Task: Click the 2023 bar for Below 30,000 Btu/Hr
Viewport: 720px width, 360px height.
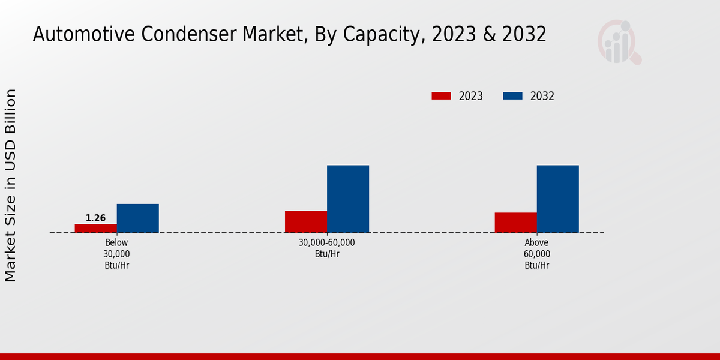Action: [x=95, y=228]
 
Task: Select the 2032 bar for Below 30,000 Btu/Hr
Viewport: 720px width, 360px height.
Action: [x=137, y=218]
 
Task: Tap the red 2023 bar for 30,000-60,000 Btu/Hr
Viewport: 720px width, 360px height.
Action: [x=306, y=221]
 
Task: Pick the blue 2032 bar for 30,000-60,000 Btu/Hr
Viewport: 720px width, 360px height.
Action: [x=348, y=199]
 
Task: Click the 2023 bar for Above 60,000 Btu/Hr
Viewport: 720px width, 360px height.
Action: [x=515, y=222]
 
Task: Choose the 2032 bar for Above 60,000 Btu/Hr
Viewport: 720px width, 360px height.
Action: [x=557, y=199]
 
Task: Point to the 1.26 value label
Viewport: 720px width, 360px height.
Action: [x=95, y=218]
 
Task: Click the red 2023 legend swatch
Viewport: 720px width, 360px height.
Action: [x=441, y=96]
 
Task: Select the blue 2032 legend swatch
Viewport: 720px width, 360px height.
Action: [x=512, y=96]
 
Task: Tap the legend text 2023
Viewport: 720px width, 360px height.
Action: [x=471, y=96]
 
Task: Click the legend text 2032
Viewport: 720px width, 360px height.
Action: [x=542, y=96]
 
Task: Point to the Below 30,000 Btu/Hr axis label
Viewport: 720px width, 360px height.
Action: [x=116, y=254]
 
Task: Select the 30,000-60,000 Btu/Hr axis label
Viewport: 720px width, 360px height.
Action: [x=326, y=248]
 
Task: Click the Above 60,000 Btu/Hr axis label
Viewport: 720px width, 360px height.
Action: [x=536, y=254]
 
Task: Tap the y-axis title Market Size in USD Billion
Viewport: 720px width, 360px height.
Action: [x=11, y=185]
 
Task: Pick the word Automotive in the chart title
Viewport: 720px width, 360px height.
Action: [x=83, y=35]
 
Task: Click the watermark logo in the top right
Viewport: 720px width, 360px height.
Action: [x=619, y=42]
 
